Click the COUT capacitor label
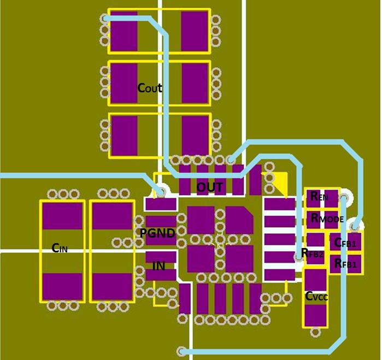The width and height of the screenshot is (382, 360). [150, 88]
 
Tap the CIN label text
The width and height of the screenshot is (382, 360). [60, 248]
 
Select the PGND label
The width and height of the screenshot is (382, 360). [157, 233]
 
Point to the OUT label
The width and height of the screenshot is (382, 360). [209, 187]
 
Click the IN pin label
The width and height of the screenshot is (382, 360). [159, 265]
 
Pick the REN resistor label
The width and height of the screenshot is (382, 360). [319, 196]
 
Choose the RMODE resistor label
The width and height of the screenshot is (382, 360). [327, 219]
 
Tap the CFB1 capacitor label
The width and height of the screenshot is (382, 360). [345, 243]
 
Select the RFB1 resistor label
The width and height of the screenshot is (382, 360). [345, 263]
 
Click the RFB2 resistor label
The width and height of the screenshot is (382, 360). [312, 253]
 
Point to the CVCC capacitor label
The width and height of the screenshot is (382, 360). [316, 296]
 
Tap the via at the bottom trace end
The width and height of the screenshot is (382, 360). [181, 351]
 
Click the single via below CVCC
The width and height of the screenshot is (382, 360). [315, 332]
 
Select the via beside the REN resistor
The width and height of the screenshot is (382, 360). [344, 197]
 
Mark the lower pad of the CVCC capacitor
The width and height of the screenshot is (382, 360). [315, 315]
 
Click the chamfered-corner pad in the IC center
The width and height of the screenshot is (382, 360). [239, 220]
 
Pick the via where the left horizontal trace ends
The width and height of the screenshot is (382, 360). [161, 191]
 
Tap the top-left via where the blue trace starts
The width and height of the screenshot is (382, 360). [105, 19]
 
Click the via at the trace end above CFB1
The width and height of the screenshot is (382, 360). [355, 227]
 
